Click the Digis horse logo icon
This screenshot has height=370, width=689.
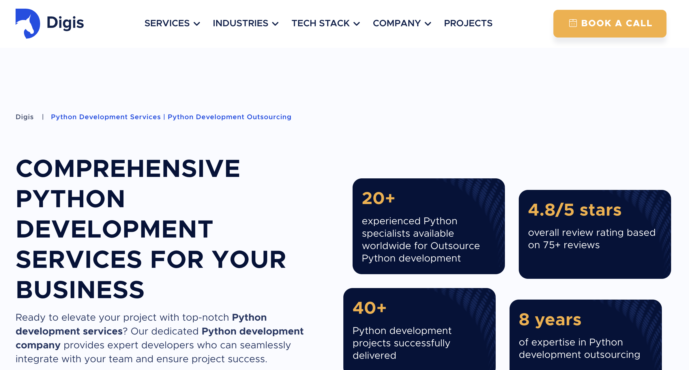(28, 23)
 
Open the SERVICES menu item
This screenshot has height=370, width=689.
(167, 23)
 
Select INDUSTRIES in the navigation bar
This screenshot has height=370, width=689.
(241, 23)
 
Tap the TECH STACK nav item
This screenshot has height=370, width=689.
(321, 23)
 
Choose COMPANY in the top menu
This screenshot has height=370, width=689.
(397, 23)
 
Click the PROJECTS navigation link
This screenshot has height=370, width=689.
(468, 23)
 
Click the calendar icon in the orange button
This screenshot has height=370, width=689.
(573, 23)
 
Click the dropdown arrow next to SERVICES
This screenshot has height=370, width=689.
(197, 24)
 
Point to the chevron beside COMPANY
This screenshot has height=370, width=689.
(428, 24)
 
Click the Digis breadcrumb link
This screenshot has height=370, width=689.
(25, 117)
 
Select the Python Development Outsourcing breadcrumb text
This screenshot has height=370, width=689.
(229, 117)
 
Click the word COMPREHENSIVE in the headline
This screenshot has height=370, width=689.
(128, 169)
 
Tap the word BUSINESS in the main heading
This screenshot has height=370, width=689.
(80, 290)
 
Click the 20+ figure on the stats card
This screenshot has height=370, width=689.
(378, 198)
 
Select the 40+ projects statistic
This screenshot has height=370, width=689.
(369, 308)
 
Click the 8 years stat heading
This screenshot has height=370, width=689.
(550, 320)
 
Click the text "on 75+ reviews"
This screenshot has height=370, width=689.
(564, 245)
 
